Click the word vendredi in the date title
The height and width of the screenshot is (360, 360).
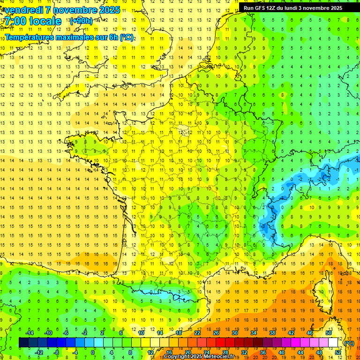coord(23,10)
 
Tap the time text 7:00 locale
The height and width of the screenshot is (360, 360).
coord(32,21)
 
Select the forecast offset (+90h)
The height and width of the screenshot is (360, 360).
coord(81,21)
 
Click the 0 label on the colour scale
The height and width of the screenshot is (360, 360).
coord(93,352)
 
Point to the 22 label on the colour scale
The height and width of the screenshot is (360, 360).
coord(197,333)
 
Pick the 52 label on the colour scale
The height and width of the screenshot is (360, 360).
coord(338,352)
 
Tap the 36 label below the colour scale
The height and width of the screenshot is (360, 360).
coord(263,352)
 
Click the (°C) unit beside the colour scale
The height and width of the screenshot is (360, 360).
coord(349,343)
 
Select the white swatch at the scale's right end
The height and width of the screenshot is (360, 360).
coord(333,343)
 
